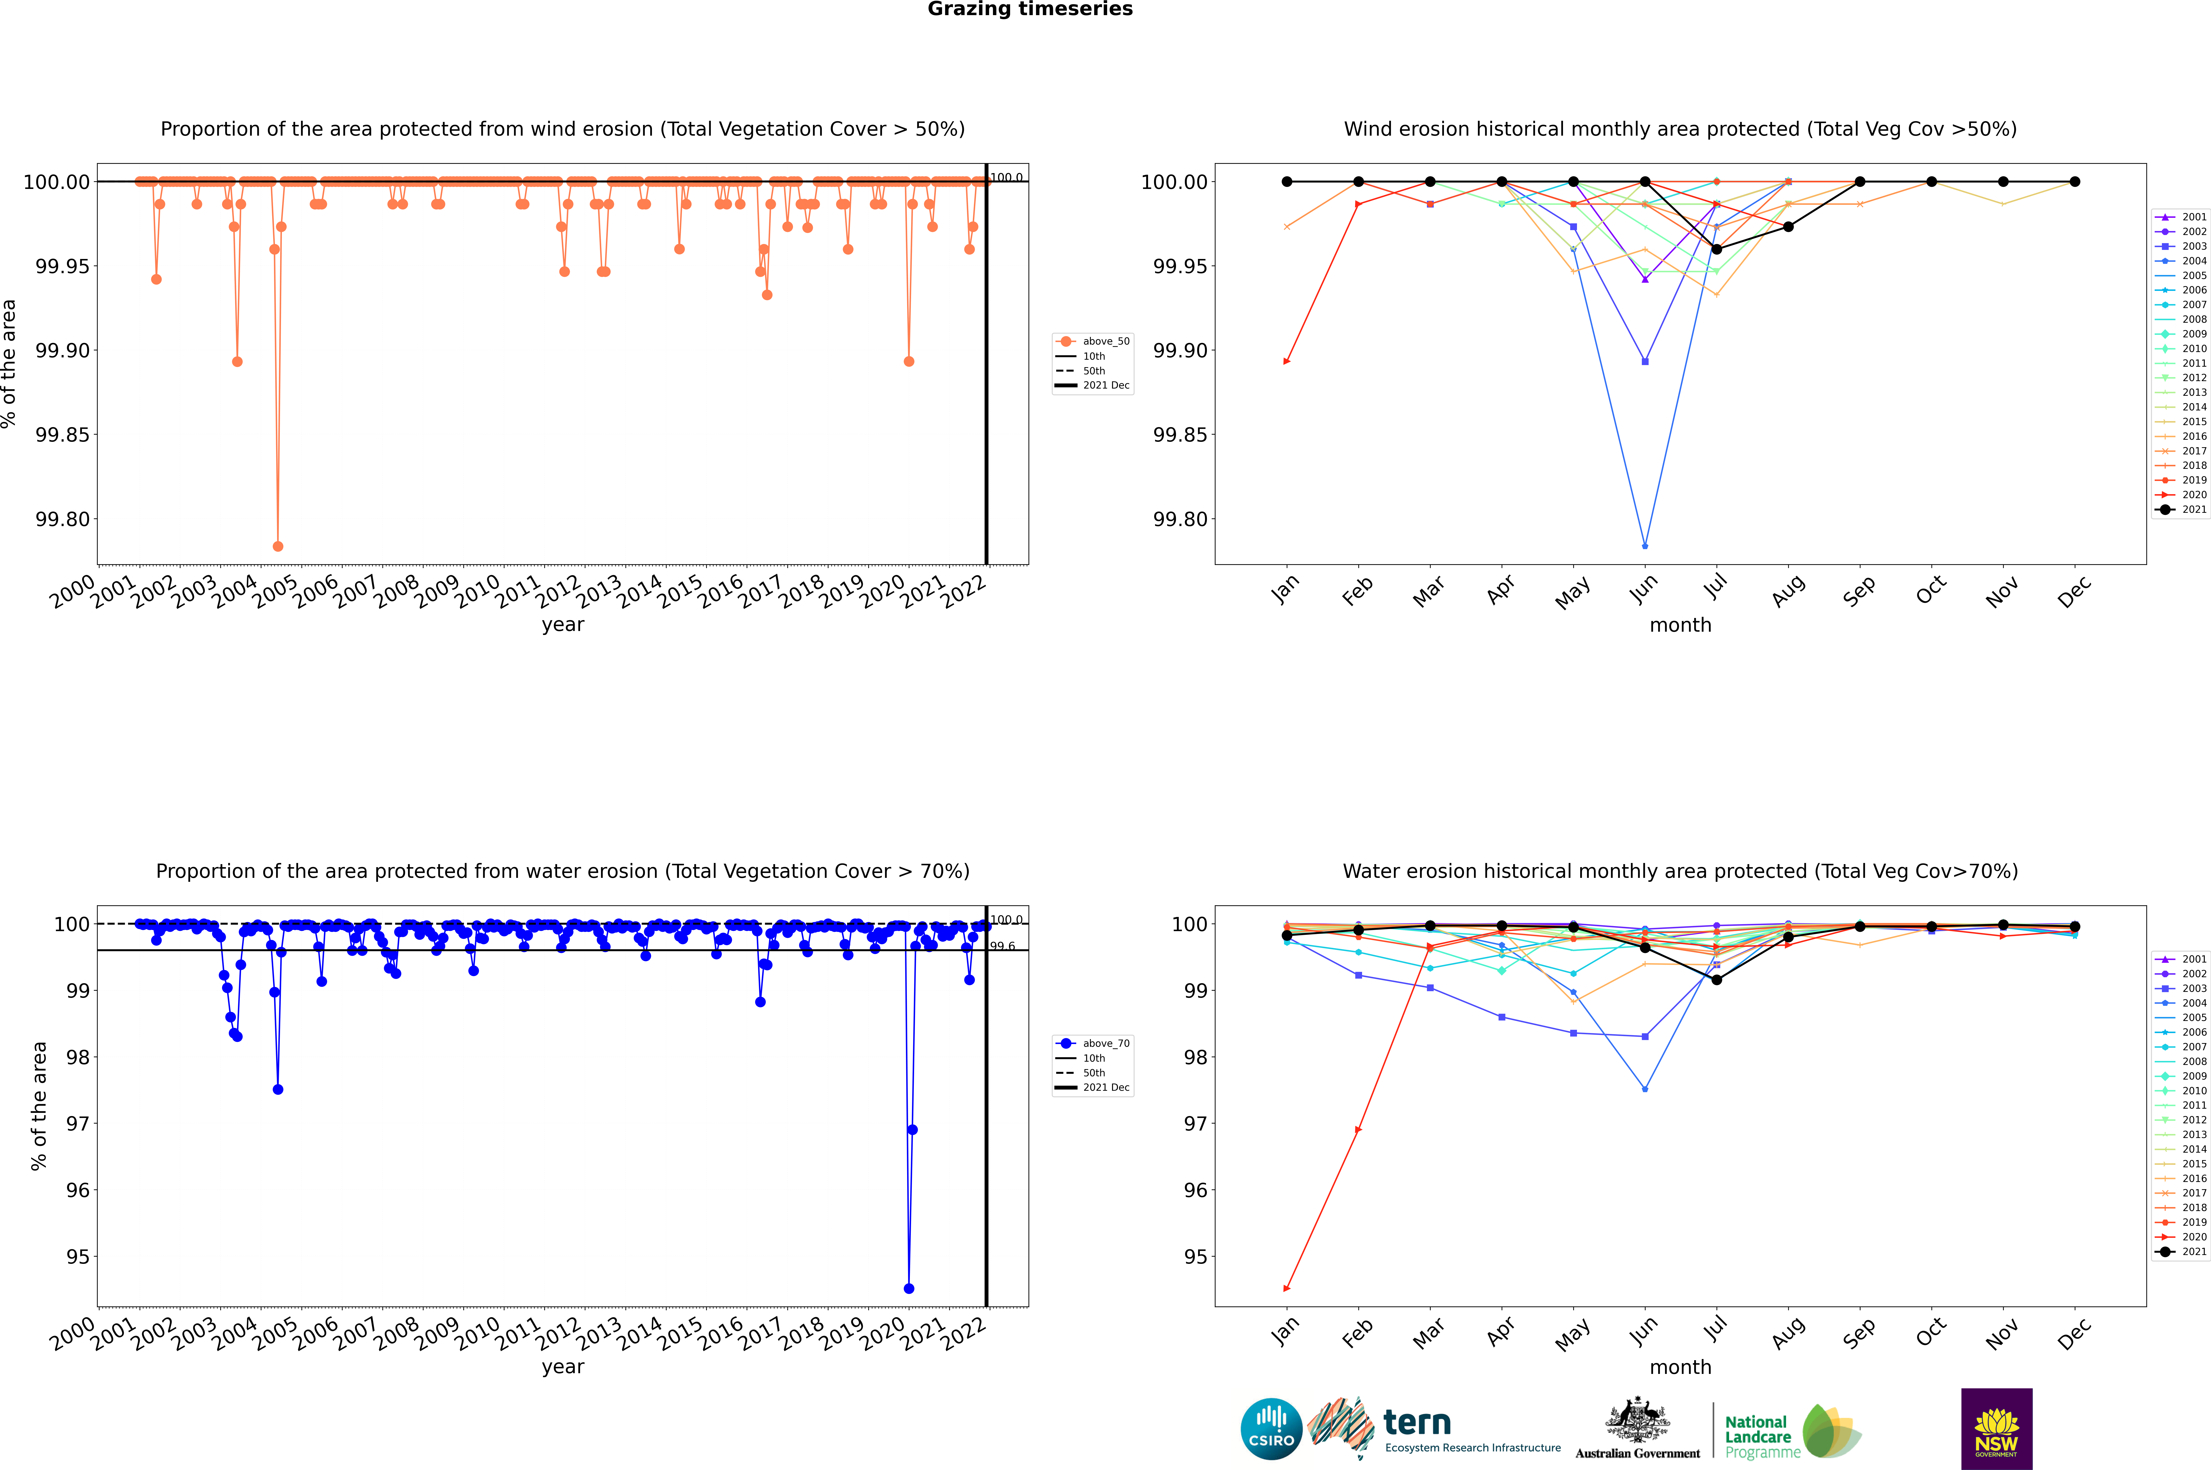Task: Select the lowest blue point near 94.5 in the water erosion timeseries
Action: click(908, 1288)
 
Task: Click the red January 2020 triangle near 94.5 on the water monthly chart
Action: click(1287, 1288)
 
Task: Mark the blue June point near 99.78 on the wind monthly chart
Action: click(1645, 546)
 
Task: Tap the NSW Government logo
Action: click(1996, 1429)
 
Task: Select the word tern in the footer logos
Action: click(1417, 1423)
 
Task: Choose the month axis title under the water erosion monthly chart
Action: click(1680, 1367)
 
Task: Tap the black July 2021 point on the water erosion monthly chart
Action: click(1716, 980)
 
